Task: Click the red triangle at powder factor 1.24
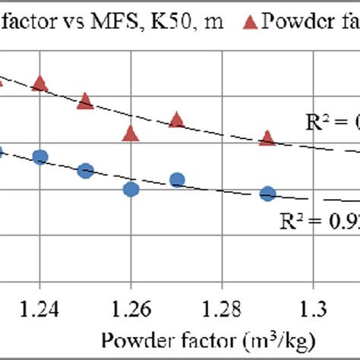(40, 83)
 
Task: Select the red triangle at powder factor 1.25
(85, 100)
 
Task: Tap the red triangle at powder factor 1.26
(131, 134)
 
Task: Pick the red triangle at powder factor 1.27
(176, 119)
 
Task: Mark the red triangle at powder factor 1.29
(267, 137)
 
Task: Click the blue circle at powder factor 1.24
(40, 156)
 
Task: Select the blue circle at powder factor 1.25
(85, 170)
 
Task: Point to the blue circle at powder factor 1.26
(131, 189)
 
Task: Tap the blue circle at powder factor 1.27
(176, 180)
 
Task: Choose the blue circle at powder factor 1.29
(267, 194)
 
